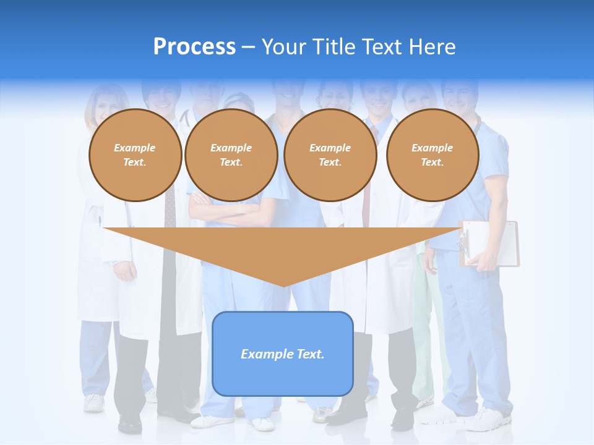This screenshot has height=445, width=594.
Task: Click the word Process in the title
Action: pyautogui.click(x=194, y=47)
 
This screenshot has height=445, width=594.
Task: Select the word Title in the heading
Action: pyautogui.click(x=335, y=47)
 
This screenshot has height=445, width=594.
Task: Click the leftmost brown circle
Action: pyautogui.click(x=135, y=155)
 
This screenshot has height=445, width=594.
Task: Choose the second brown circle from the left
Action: pyautogui.click(x=231, y=155)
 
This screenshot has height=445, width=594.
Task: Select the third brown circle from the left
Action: pyautogui.click(x=330, y=155)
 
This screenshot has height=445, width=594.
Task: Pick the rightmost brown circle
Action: pyautogui.click(x=432, y=155)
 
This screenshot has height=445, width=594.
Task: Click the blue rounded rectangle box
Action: pyautogui.click(x=283, y=354)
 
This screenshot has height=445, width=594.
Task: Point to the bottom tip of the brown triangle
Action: pyautogui.click(x=283, y=285)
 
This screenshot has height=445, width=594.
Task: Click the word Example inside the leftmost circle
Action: pyautogui.click(x=135, y=148)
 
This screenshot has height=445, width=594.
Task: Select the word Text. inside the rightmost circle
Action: pyautogui.click(x=432, y=163)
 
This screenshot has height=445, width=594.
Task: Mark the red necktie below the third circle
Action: pyautogui.click(x=366, y=210)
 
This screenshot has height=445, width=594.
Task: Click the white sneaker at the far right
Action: pyautogui.click(x=489, y=420)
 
